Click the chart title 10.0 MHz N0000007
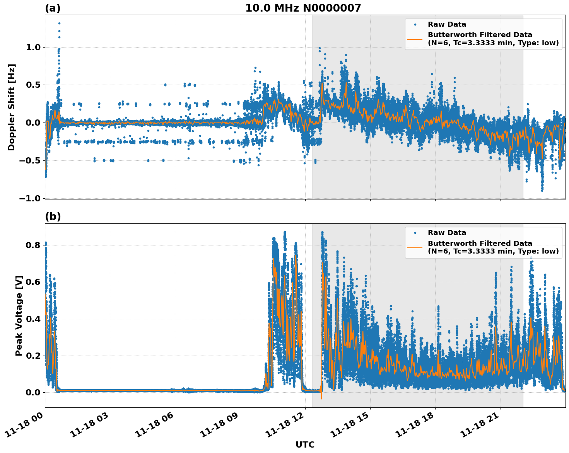(303, 8)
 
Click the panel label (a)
(53, 8)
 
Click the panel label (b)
(53, 216)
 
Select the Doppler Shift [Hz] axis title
(12, 107)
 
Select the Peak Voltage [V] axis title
(19, 315)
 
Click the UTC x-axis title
(305, 444)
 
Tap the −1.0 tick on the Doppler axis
(30, 198)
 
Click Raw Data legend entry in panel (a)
(447, 24)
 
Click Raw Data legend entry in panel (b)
(447, 233)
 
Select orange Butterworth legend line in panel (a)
(415, 39)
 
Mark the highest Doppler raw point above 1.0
(59, 23)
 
